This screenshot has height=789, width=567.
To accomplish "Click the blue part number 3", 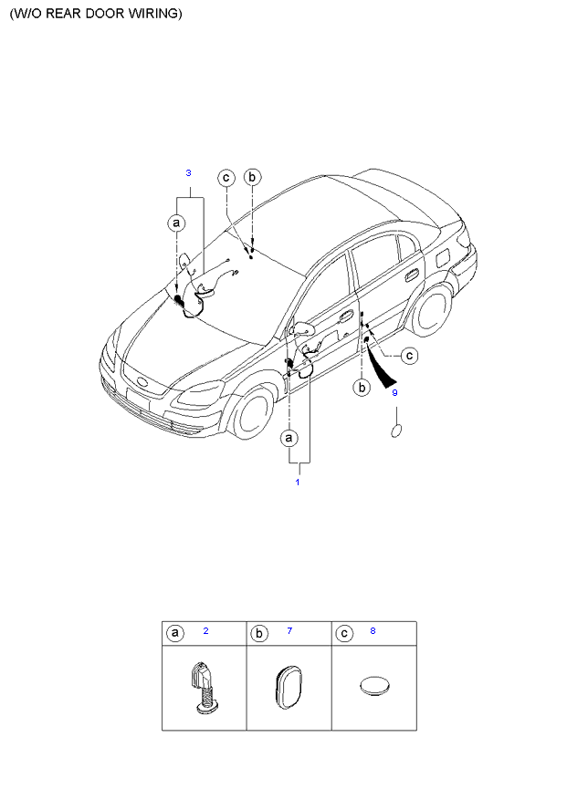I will (188, 172).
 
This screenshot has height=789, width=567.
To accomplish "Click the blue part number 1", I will (297, 481).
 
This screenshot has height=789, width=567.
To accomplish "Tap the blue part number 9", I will (394, 393).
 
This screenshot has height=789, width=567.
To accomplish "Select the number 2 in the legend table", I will (206, 630).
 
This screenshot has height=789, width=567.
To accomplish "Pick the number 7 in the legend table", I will (289, 630).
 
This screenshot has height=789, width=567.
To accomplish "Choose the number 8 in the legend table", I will (373, 630).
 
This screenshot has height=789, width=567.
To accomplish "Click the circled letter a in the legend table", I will (173, 633).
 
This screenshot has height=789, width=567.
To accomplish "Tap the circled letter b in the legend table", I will (258, 633).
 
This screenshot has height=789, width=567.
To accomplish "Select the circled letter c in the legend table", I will (343, 633).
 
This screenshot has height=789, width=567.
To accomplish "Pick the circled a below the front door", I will (290, 438).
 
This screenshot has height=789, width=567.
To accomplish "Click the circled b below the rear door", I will (362, 388).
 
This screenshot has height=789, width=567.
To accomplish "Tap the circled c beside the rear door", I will (409, 355).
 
